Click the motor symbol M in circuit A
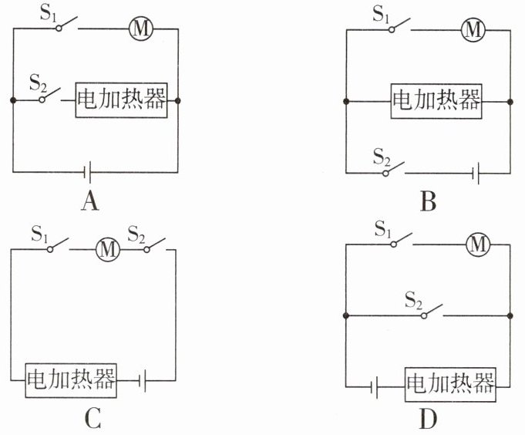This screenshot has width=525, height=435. (142, 29)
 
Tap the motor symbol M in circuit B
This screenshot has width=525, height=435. (473, 29)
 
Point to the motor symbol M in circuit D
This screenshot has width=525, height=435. (479, 244)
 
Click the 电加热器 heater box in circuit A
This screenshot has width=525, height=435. (122, 100)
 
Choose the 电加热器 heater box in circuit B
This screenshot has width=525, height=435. (437, 100)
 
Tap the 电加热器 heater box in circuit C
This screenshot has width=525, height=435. (71, 379)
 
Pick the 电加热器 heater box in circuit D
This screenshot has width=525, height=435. (451, 383)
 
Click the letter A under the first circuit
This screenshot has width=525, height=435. (90, 202)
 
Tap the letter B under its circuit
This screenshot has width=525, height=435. (429, 202)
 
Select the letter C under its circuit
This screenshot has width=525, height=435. (91, 420)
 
